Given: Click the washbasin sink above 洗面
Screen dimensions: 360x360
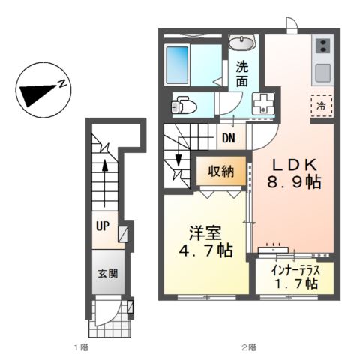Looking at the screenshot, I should click(x=242, y=42).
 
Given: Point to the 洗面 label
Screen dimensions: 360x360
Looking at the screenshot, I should click(x=242, y=72).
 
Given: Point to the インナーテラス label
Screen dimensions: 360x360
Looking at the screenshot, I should click(x=289, y=268).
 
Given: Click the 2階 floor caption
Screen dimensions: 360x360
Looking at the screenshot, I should click(x=248, y=347).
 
